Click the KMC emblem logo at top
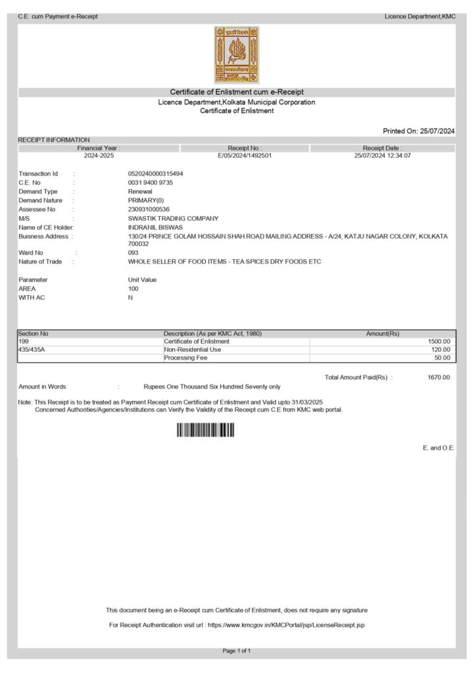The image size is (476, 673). click(237, 55)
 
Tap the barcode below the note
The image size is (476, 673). click(205, 430)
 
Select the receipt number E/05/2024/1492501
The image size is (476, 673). click(245, 156)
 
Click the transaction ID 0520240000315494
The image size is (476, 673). click(155, 174)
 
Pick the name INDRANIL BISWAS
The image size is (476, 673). click(155, 227)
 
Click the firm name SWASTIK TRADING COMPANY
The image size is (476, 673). click(173, 218)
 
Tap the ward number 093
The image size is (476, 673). click(133, 252)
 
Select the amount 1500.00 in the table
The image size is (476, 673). click(438, 342)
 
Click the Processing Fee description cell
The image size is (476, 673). click(185, 358)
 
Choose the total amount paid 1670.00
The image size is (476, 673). click(439, 377)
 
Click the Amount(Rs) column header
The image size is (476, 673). click(382, 334)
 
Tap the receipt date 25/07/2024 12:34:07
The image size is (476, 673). click(383, 156)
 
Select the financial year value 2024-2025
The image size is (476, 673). click(99, 156)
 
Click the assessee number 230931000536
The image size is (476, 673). click(149, 210)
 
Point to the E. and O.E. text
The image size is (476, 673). click(439, 448)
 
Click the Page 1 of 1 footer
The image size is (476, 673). click(237, 651)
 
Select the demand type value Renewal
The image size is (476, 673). click(140, 191)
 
